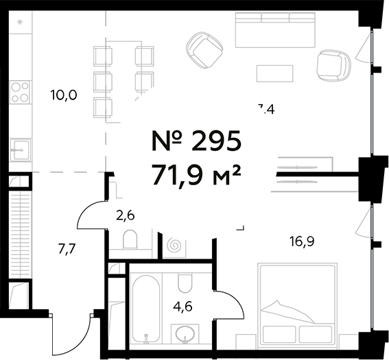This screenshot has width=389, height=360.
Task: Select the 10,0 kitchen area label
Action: pyautogui.click(x=63, y=95)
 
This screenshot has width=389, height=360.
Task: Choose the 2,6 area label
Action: pyautogui.click(x=124, y=217)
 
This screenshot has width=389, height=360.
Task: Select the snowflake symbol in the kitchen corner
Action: pyautogui.click(x=19, y=23)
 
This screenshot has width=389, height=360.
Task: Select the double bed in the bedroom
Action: pyautogui.click(x=296, y=304)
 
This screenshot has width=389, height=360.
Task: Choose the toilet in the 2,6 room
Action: pyautogui.click(x=130, y=240)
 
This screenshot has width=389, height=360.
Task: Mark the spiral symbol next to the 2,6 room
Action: pyautogui.click(x=173, y=245)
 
